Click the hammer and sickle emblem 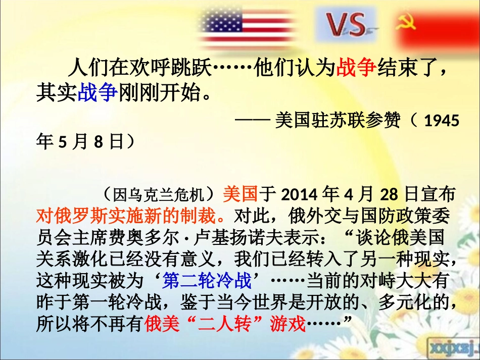pyautogui.click(x=405, y=23)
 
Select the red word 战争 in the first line pyautogui.click(x=356, y=68)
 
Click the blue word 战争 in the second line pyautogui.click(x=98, y=93)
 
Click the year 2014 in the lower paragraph pyautogui.click(x=295, y=194)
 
